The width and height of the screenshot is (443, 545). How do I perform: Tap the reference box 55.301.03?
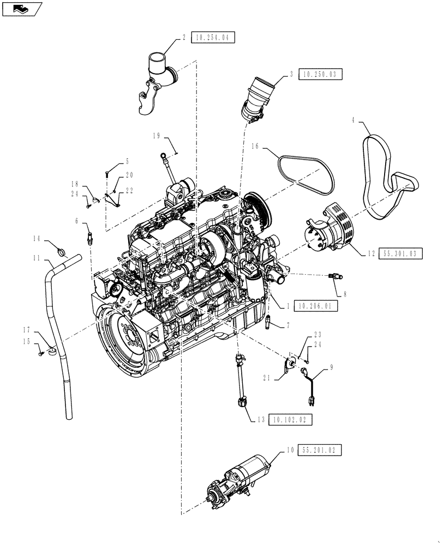[x=399, y=254]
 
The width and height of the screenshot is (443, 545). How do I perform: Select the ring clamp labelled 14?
[x=63, y=252]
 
